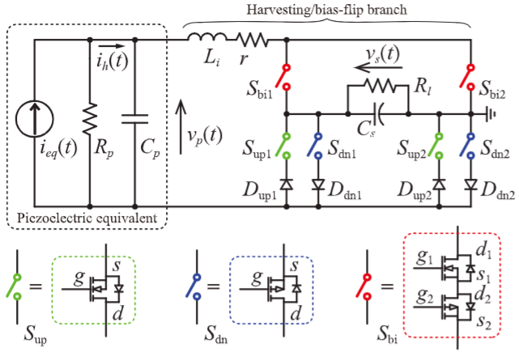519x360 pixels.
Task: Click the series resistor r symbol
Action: pyautogui.click(x=252, y=37)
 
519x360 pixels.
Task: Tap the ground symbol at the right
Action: pyautogui.click(x=491, y=114)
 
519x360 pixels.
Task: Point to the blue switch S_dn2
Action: pyautogui.click(x=470, y=146)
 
